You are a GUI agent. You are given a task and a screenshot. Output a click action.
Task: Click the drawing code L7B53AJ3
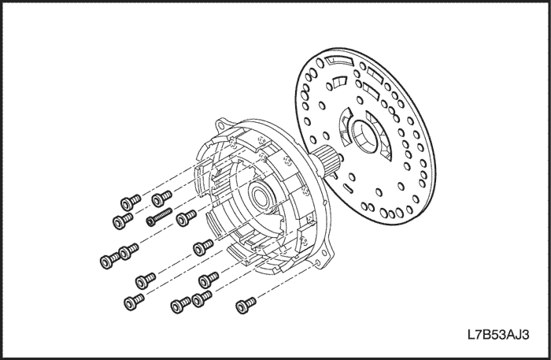pos(498,335)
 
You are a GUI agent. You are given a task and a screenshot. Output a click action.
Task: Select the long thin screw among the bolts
pos(159,217)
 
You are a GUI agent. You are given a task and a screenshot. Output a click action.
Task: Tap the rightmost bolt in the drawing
pos(246,305)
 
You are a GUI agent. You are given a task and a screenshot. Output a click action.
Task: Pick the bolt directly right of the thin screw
pos(186,217)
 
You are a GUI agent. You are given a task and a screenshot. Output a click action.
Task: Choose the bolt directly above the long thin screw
pos(161,198)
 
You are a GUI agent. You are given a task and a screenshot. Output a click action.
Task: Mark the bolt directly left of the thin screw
pos(123,220)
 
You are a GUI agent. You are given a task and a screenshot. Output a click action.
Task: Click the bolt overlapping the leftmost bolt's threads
pos(128,251)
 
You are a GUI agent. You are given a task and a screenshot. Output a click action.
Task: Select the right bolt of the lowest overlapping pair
pos(202,298)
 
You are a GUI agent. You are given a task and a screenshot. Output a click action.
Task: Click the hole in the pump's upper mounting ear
pos(221,125)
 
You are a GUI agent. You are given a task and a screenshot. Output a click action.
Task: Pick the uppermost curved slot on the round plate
pos(338,61)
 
